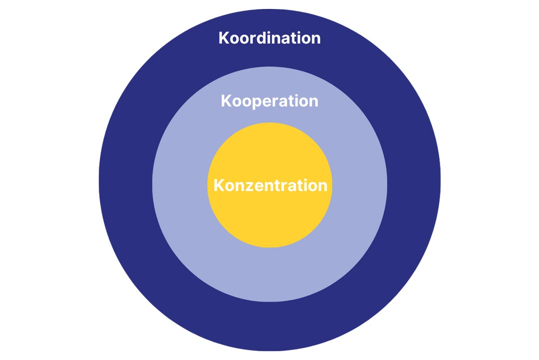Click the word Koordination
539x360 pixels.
(269, 38)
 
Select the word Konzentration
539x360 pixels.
(270, 185)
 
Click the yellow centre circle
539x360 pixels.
(270, 220)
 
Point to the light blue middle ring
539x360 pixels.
(270, 275)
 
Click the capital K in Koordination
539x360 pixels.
(224, 38)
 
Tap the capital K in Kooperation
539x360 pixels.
(227, 101)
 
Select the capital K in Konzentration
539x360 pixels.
(219, 185)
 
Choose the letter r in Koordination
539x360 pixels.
(253, 40)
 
